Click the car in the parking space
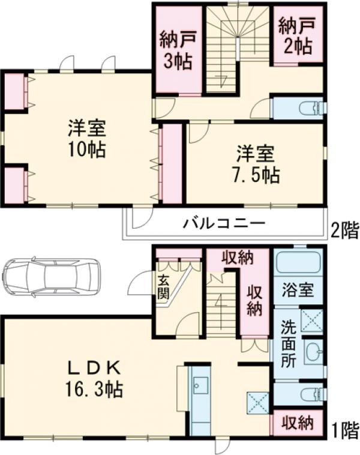[51, 277]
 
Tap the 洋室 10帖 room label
[88, 137]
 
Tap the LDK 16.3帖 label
[94, 378]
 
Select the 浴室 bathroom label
[298, 290]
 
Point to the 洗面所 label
[288, 345]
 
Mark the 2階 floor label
[344, 228]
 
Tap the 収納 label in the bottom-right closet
[298, 423]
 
